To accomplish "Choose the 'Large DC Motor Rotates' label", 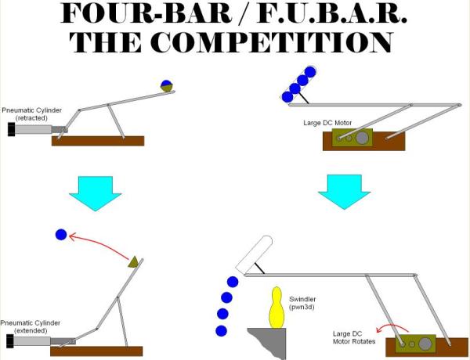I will tap(352, 337).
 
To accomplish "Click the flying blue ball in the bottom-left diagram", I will tap(62, 233).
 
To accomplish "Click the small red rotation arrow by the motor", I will tap(387, 328).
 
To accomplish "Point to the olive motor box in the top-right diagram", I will tap(352, 139).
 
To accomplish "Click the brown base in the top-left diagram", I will tap(98, 141).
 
